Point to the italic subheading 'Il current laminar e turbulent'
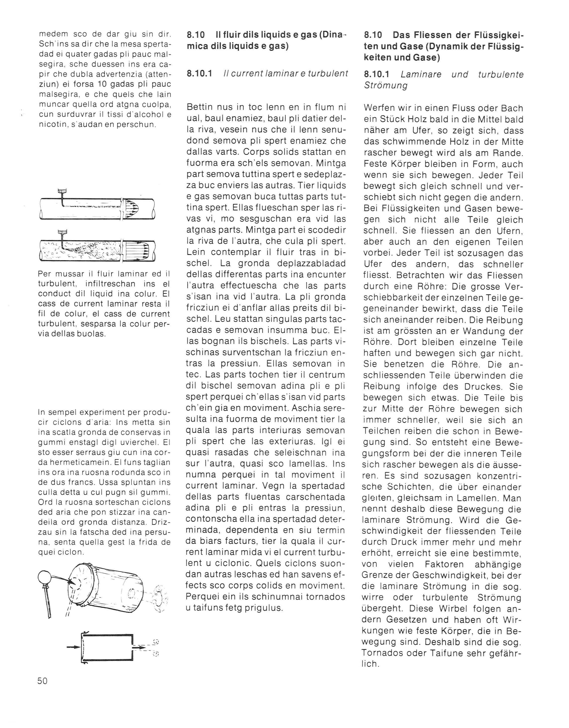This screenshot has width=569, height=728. point(286,73)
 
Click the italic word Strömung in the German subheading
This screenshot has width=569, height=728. point(386,85)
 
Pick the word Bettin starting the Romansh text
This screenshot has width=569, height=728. point(199,107)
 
